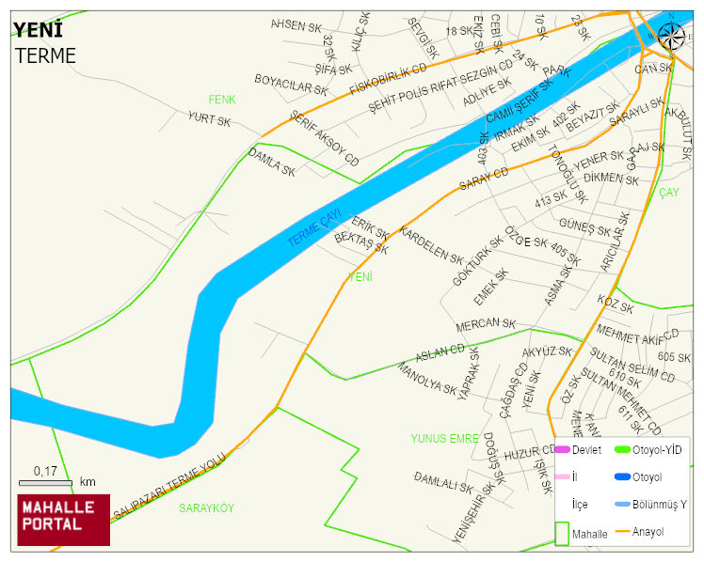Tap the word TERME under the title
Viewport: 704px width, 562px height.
pyautogui.click(x=45, y=55)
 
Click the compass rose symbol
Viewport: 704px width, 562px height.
pyautogui.click(x=671, y=36)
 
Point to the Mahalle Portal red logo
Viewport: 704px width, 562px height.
pyautogui.click(x=64, y=520)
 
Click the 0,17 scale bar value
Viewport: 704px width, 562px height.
pyautogui.click(x=44, y=470)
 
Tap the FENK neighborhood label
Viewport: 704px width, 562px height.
pyautogui.click(x=222, y=99)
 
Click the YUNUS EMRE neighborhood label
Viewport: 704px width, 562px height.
pyautogui.click(x=445, y=438)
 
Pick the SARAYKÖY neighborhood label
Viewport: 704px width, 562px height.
pyautogui.click(x=206, y=507)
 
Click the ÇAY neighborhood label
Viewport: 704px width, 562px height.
pyautogui.click(x=668, y=192)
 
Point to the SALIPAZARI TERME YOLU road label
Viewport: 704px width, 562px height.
pyautogui.click(x=170, y=485)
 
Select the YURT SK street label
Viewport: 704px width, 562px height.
pyautogui.click(x=209, y=119)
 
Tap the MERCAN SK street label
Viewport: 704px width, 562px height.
pyautogui.click(x=486, y=324)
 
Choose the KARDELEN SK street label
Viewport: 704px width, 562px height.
pyautogui.click(x=432, y=244)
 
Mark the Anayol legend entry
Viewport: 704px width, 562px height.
pyautogui.click(x=648, y=532)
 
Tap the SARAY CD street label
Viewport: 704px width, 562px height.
pyautogui.click(x=484, y=179)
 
